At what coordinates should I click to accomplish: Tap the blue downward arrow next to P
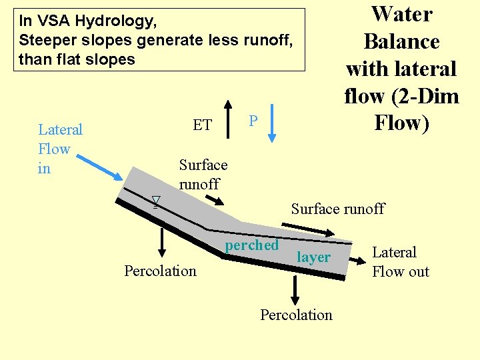[272, 121]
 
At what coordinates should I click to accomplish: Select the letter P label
[253, 121]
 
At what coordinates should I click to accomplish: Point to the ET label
[202, 125]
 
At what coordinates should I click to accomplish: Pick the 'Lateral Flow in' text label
[60, 149]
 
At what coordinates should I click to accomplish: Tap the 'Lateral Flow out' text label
[400, 262]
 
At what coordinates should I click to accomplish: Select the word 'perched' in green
[252, 245]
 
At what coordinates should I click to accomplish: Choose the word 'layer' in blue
[313, 257]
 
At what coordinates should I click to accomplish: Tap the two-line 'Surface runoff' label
[203, 175]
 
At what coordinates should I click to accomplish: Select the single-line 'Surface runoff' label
[337, 209]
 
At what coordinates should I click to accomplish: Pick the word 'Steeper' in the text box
[43, 40]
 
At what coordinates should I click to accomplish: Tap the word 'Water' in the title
[401, 13]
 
